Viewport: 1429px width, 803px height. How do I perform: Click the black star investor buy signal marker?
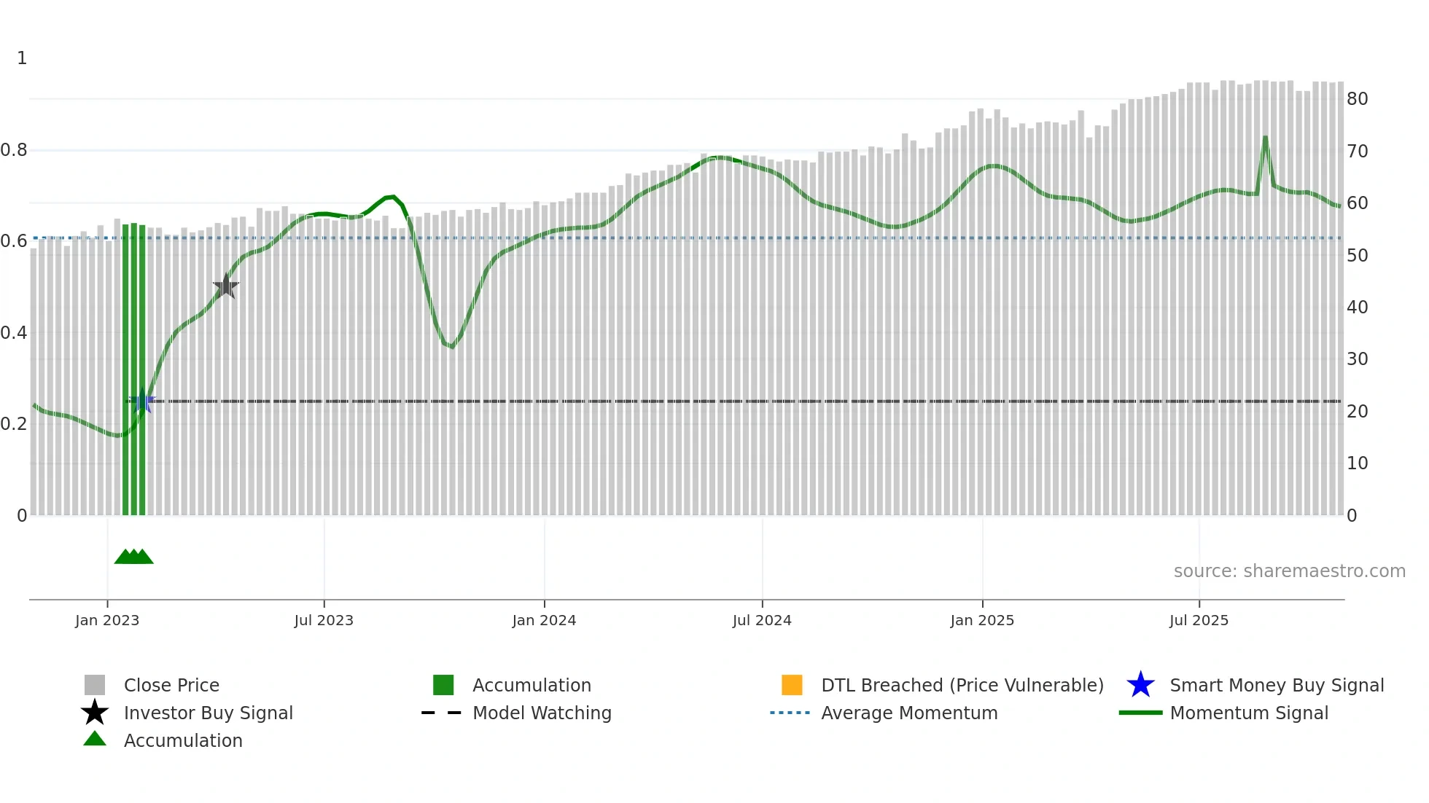pos(226,286)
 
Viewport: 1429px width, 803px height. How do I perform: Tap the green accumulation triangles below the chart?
pos(134,557)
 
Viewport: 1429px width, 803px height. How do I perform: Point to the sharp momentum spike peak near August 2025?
pos(1265,137)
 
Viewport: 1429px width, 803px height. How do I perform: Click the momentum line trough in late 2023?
pos(452,346)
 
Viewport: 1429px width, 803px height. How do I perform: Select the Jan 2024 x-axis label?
pos(544,620)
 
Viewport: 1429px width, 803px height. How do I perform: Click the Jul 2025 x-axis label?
pos(1199,620)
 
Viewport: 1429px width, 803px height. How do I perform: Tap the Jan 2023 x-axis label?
pos(107,620)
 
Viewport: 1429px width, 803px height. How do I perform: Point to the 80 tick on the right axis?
pos(1357,99)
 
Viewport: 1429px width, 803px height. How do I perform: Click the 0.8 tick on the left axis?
pos(14,150)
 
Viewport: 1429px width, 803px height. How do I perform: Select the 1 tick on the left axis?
pos(22,58)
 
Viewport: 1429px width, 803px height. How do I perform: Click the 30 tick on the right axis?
pos(1357,359)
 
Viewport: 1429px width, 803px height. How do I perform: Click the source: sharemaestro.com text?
pos(1289,571)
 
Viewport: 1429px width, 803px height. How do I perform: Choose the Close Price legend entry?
pos(171,685)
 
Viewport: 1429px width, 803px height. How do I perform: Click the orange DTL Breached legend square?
pos(792,685)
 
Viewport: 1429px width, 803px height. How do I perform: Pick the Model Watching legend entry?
pos(542,713)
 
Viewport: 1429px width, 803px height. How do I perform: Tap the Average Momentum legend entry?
pos(909,713)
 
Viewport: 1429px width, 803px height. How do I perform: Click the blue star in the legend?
pos(1140,685)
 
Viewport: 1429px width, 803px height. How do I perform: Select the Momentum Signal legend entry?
pos(1249,713)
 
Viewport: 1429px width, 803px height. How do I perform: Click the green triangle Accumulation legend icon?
pos(95,739)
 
